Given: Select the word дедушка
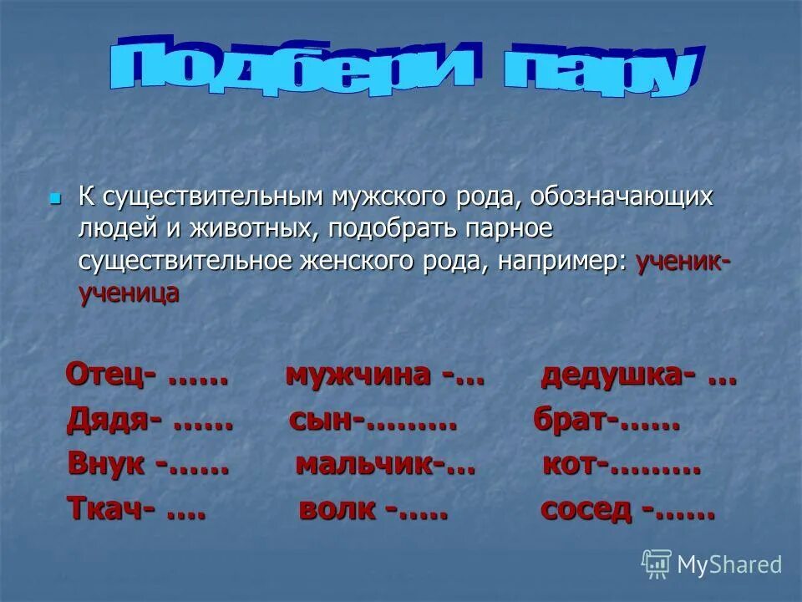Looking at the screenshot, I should (612, 375).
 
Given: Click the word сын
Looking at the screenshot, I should (321, 421).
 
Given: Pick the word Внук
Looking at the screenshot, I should (107, 464).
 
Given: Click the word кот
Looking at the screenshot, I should (568, 465).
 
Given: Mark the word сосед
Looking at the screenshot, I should (586, 508).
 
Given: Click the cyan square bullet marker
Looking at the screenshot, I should (55, 199).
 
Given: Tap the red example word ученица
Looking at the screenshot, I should (129, 293).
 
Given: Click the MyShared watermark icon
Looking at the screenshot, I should (657, 564).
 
